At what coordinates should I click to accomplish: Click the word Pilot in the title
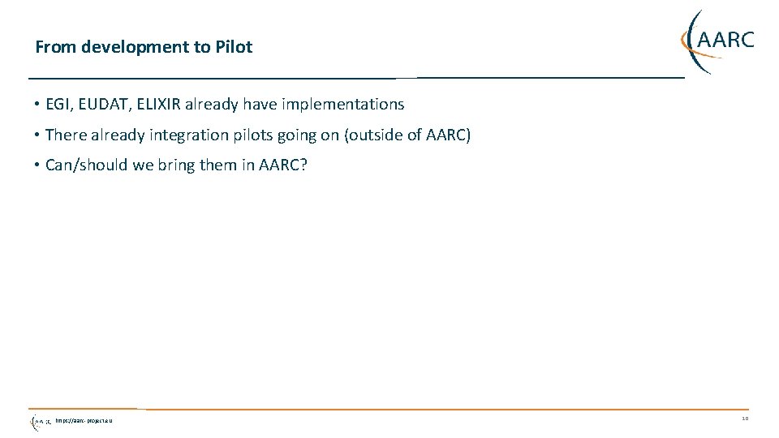(x=234, y=47)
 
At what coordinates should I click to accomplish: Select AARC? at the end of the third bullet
(x=283, y=165)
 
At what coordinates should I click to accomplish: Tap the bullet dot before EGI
(x=38, y=105)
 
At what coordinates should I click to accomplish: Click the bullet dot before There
(x=38, y=135)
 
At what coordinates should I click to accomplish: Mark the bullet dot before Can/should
(x=38, y=165)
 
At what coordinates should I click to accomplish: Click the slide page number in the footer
(x=745, y=419)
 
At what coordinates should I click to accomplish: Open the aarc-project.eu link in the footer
(x=84, y=421)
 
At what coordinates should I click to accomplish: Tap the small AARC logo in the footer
(x=40, y=421)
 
